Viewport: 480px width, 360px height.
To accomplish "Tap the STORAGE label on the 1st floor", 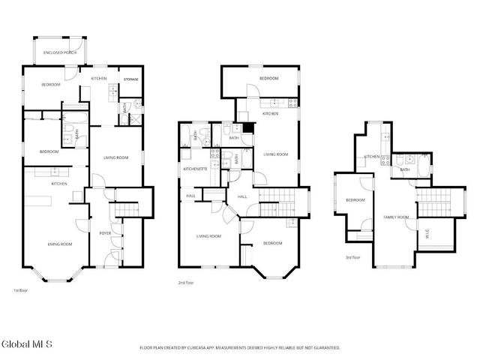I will click(130, 79).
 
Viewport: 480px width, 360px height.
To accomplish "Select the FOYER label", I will click(105, 233).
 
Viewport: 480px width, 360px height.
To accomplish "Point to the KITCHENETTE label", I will click(195, 169).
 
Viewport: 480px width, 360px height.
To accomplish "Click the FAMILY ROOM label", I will click(396, 217).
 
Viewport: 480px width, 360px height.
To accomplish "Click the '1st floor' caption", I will click(21, 289).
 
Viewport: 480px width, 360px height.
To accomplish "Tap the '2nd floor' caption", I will click(185, 283).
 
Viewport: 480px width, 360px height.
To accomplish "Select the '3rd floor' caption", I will click(352, 257).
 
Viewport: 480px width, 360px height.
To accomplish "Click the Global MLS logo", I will click(26, 344).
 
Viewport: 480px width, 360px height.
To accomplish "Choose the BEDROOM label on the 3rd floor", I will click(355, 199).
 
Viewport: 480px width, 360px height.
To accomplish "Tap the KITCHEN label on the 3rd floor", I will click(371, 157).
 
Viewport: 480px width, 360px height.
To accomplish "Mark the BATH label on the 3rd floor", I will click(404, 169).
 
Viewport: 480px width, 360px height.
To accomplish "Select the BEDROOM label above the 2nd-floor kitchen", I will click(268, 79).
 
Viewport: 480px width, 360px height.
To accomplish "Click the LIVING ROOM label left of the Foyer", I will click(60, 244).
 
